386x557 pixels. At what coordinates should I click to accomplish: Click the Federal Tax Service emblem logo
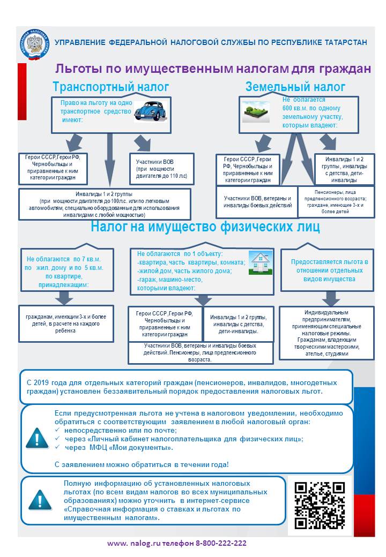35,44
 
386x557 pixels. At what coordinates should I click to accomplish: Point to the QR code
320,505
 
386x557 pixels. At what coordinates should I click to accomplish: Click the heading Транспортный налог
110,87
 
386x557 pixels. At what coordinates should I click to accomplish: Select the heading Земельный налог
295,87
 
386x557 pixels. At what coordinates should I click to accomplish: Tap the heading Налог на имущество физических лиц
205,227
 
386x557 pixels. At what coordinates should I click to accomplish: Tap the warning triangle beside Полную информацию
39,500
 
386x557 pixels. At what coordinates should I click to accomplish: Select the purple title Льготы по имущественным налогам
213,69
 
